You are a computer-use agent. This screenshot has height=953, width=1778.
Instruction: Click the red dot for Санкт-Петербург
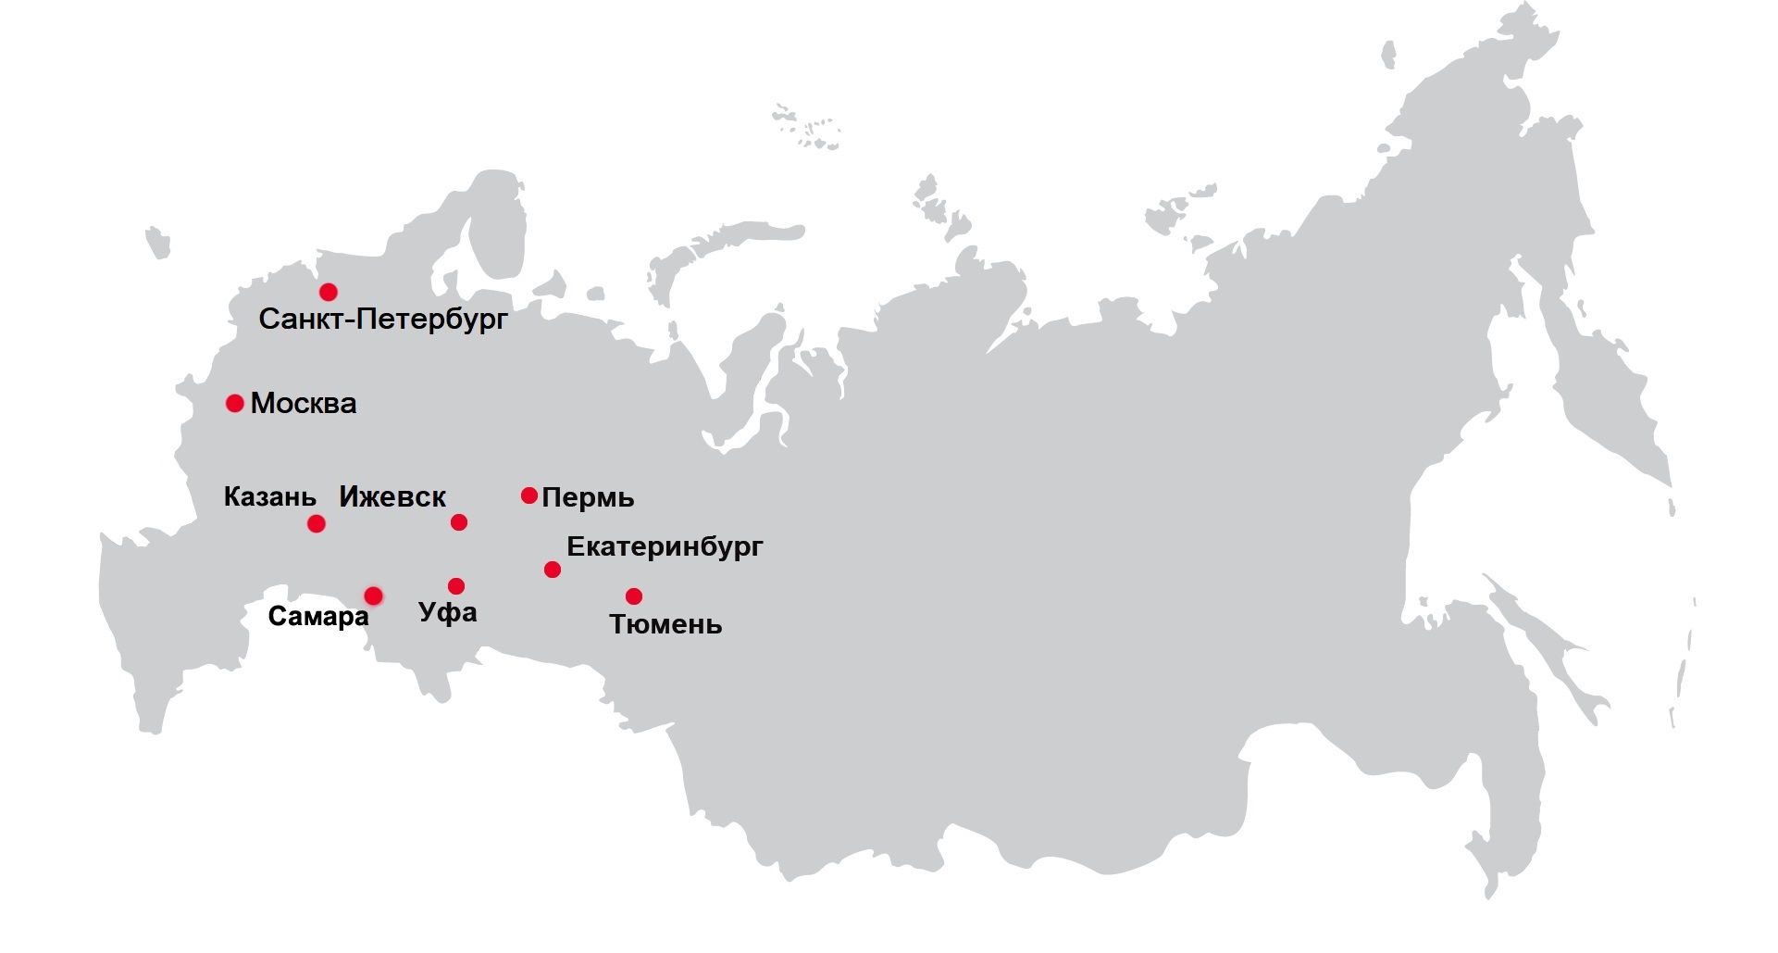tap(328, 293)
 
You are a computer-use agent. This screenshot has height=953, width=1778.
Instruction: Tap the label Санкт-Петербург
tap(383, 320)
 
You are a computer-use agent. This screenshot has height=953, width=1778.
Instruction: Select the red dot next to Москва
tap(235, 403)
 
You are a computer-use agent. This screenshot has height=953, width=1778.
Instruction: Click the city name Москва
tap(304, 404)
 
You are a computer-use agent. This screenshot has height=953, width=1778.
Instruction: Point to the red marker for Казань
tap(317, 524)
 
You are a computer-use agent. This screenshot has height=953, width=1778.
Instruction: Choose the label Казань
tap(270, 497)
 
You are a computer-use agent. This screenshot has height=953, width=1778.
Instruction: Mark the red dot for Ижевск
tap(459, 522)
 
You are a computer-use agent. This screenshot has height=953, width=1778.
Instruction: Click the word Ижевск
tap(392, 497)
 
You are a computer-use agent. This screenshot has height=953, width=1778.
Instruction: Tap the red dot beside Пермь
tap(529, 495)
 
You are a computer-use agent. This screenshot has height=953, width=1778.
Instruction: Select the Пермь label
tap(588, 498)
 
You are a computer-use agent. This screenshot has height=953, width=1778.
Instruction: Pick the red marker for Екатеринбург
tap(553, 570)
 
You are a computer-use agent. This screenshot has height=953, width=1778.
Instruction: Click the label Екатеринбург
tap(665, 546)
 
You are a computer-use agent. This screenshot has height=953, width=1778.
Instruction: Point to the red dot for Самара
tap(373, 595)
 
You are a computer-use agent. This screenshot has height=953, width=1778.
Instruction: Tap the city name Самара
tap(318, 617)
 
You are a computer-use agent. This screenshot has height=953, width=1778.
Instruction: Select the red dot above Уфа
tap(456, 586)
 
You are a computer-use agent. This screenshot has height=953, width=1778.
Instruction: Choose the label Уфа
tap(448, 613)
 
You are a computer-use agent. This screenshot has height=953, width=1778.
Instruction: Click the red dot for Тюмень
tap(634, 596)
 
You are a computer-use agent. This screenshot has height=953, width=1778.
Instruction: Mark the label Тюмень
tap(665, 625)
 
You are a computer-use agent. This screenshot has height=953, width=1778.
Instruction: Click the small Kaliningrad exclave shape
tap(158, 241)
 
